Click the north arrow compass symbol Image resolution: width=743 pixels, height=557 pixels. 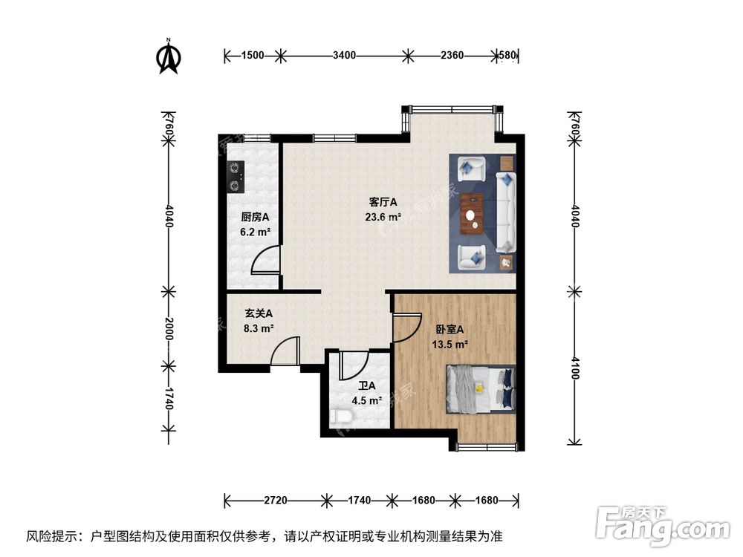point(169,58)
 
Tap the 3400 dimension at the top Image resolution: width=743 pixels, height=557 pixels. point(344,55)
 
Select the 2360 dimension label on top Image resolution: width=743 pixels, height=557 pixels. point(452,55)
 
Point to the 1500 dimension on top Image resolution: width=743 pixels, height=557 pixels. point(253,55)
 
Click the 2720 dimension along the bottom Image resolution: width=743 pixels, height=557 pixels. point(275,500)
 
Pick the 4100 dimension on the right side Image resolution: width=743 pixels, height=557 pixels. point(574,366)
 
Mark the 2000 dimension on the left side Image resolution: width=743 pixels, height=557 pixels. point(169,328)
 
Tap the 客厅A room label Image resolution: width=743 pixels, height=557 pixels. point(383,202)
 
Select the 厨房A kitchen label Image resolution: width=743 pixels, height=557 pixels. point(254,218)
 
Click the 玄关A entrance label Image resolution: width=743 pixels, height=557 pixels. point(259,313)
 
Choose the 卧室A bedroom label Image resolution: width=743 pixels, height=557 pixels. point(450,330)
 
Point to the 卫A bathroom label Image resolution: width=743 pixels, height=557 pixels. point(366,386)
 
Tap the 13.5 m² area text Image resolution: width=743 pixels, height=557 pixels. point(450,344)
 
